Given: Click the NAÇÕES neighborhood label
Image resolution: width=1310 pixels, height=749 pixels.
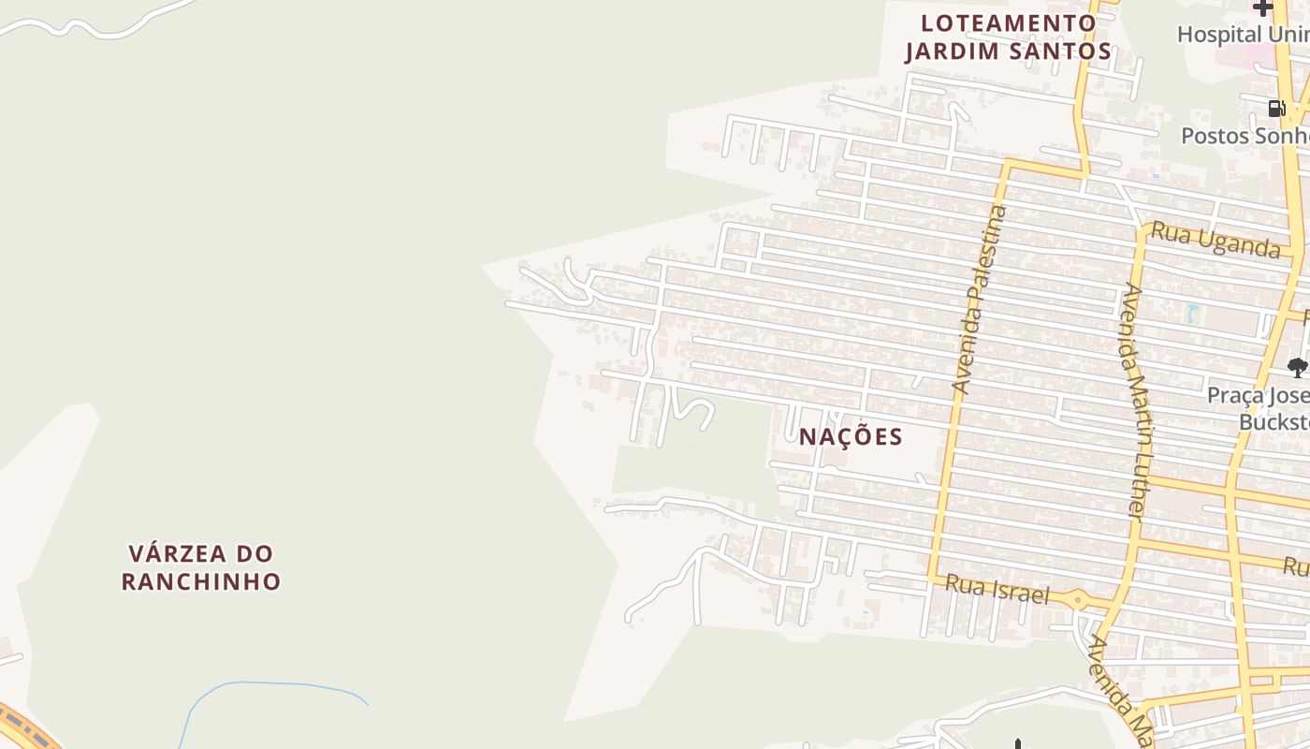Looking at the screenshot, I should pyautogui.click(x=851, y=436).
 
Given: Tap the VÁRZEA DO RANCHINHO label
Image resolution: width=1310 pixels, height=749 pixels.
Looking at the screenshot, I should pyautogui.click(x=201, y=566).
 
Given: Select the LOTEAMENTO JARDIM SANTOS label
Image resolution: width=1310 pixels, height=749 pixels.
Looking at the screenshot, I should pyautogui.click(x=1008, y=37).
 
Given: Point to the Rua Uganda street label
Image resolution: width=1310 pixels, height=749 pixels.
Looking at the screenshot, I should pyautogui.click(x=1215, y=240).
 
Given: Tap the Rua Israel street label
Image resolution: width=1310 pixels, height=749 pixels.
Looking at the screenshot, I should pyautogui.click(x=997, y=590).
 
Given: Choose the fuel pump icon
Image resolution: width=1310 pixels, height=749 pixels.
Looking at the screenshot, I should pyautogui.click(x=1276, y=109).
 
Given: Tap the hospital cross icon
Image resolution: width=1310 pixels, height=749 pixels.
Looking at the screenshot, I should pyautogui.click(x=1263, y=8).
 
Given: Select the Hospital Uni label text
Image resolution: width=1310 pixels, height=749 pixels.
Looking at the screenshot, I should pyautogui.click(x=1243, y=35).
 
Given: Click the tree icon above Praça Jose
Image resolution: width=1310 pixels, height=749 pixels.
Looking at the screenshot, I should pyautogui.click(x=1296, y=367).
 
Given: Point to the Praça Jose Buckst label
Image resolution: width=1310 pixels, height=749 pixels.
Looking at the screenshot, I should pyautogui.click(x=1258, y=408).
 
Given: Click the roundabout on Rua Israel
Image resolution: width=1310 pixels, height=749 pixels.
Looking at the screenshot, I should pyautogui.click(x=1079, y=599).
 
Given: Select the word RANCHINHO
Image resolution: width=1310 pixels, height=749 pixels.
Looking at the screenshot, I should pyautogui.click(x=201, y=581).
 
